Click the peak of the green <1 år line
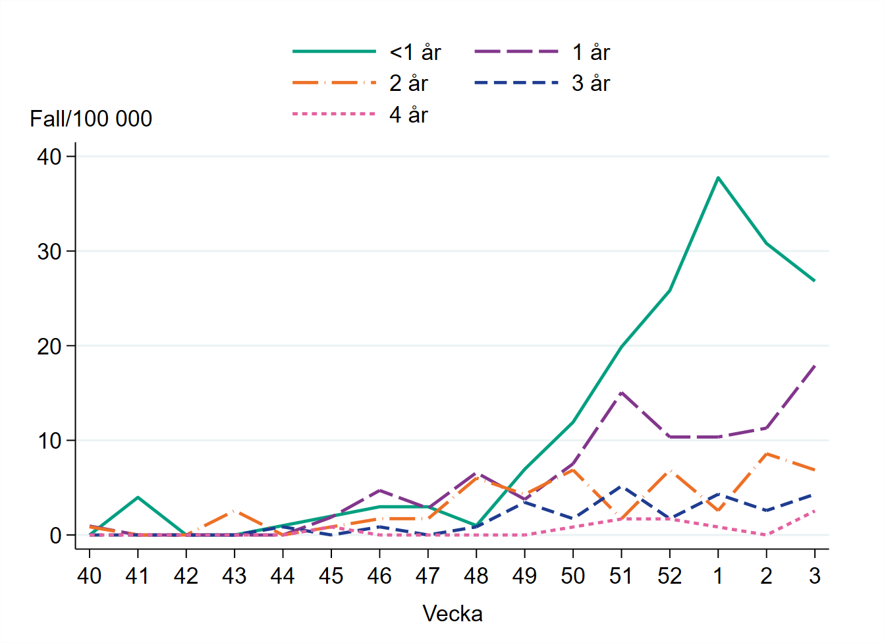[x=718, y=177]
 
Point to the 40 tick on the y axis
[x=49, y=157]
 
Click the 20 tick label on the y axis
[x=49, y=346]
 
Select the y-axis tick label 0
[x=55, y=536]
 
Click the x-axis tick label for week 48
[x=476, y=576]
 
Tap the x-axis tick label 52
[x=669, y=576]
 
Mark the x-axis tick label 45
[x=331, y=576]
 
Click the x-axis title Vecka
[x=453, y=614]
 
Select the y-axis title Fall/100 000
[x=91, y=119]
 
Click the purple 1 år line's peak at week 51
[x=621, y=393]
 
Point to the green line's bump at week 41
[x=138, y=497]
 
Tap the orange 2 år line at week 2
[x=766, y=454]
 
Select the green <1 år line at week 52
[x=669, y=291]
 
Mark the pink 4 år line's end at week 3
[x=815, y=511]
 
